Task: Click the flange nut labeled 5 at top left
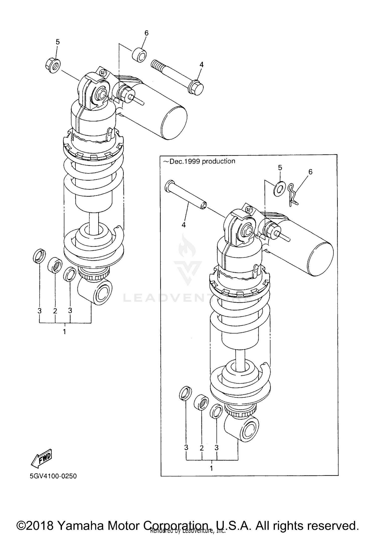[x=53, y=65]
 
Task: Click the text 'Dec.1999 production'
[x=199, y=161]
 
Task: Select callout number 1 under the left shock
[x=64, y=332]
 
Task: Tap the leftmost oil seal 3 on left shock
[x=39, y=256]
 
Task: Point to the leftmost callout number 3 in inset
[x=186, y=448]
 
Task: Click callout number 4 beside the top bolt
[x=201, y=65]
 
